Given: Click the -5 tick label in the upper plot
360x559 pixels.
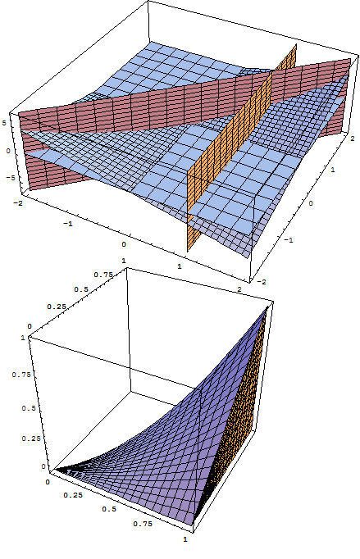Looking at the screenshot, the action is [x=11, y=178].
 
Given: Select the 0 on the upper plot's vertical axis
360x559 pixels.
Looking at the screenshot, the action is [x=8, y=151].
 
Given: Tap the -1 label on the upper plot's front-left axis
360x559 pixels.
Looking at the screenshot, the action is [x=68, y=224].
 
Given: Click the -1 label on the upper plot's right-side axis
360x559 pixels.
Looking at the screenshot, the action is [x=289, y=240].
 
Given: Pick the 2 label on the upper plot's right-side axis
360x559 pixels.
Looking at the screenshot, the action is [x=353, y=139].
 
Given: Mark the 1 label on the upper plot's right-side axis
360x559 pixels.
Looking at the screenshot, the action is [x=332, y=170].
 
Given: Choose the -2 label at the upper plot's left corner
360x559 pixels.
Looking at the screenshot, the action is [x=17, y=202].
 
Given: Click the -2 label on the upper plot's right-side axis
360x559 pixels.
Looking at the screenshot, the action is [x=262, y=282].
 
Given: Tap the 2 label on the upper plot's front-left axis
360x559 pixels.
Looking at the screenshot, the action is [x=239, y=289].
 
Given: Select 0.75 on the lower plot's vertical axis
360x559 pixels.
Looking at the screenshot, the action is [x=21, y=375].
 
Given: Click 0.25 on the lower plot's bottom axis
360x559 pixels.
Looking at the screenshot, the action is [x=73, y=495].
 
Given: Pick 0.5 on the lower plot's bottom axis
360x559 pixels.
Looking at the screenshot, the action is [x=109, y=509].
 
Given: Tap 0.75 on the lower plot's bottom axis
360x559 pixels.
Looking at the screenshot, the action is [x=143, y=524].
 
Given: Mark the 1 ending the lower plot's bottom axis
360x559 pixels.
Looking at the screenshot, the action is [x=185, y=539].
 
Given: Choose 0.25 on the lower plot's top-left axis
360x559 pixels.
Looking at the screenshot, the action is [x=57, y=307].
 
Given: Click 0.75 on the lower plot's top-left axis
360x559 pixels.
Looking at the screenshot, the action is [x=103, y=275].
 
